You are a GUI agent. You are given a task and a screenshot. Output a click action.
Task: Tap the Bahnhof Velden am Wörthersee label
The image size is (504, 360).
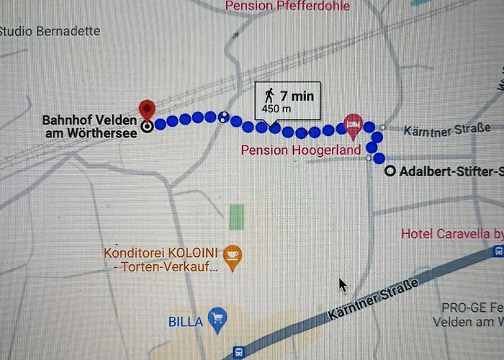(x=89, y=126)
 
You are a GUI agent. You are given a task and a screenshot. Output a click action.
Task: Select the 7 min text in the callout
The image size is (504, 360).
(x=297, y=95)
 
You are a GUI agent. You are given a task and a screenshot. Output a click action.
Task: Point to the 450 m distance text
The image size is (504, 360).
(x=276, y=109)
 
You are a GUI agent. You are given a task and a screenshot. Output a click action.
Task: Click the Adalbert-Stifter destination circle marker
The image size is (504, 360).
(x=390, y=171)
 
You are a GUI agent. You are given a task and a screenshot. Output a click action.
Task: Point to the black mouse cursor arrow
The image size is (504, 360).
(x=343, y=284)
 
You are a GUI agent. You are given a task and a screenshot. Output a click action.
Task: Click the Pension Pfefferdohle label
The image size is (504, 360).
(x=287, y=6)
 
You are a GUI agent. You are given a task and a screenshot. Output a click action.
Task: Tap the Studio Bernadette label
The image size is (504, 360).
(x=50, y=32)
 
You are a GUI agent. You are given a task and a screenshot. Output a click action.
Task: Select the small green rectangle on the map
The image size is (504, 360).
(x=236, y=216)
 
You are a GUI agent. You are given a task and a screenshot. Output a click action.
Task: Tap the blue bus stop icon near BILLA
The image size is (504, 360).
(x=238, y=352)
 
